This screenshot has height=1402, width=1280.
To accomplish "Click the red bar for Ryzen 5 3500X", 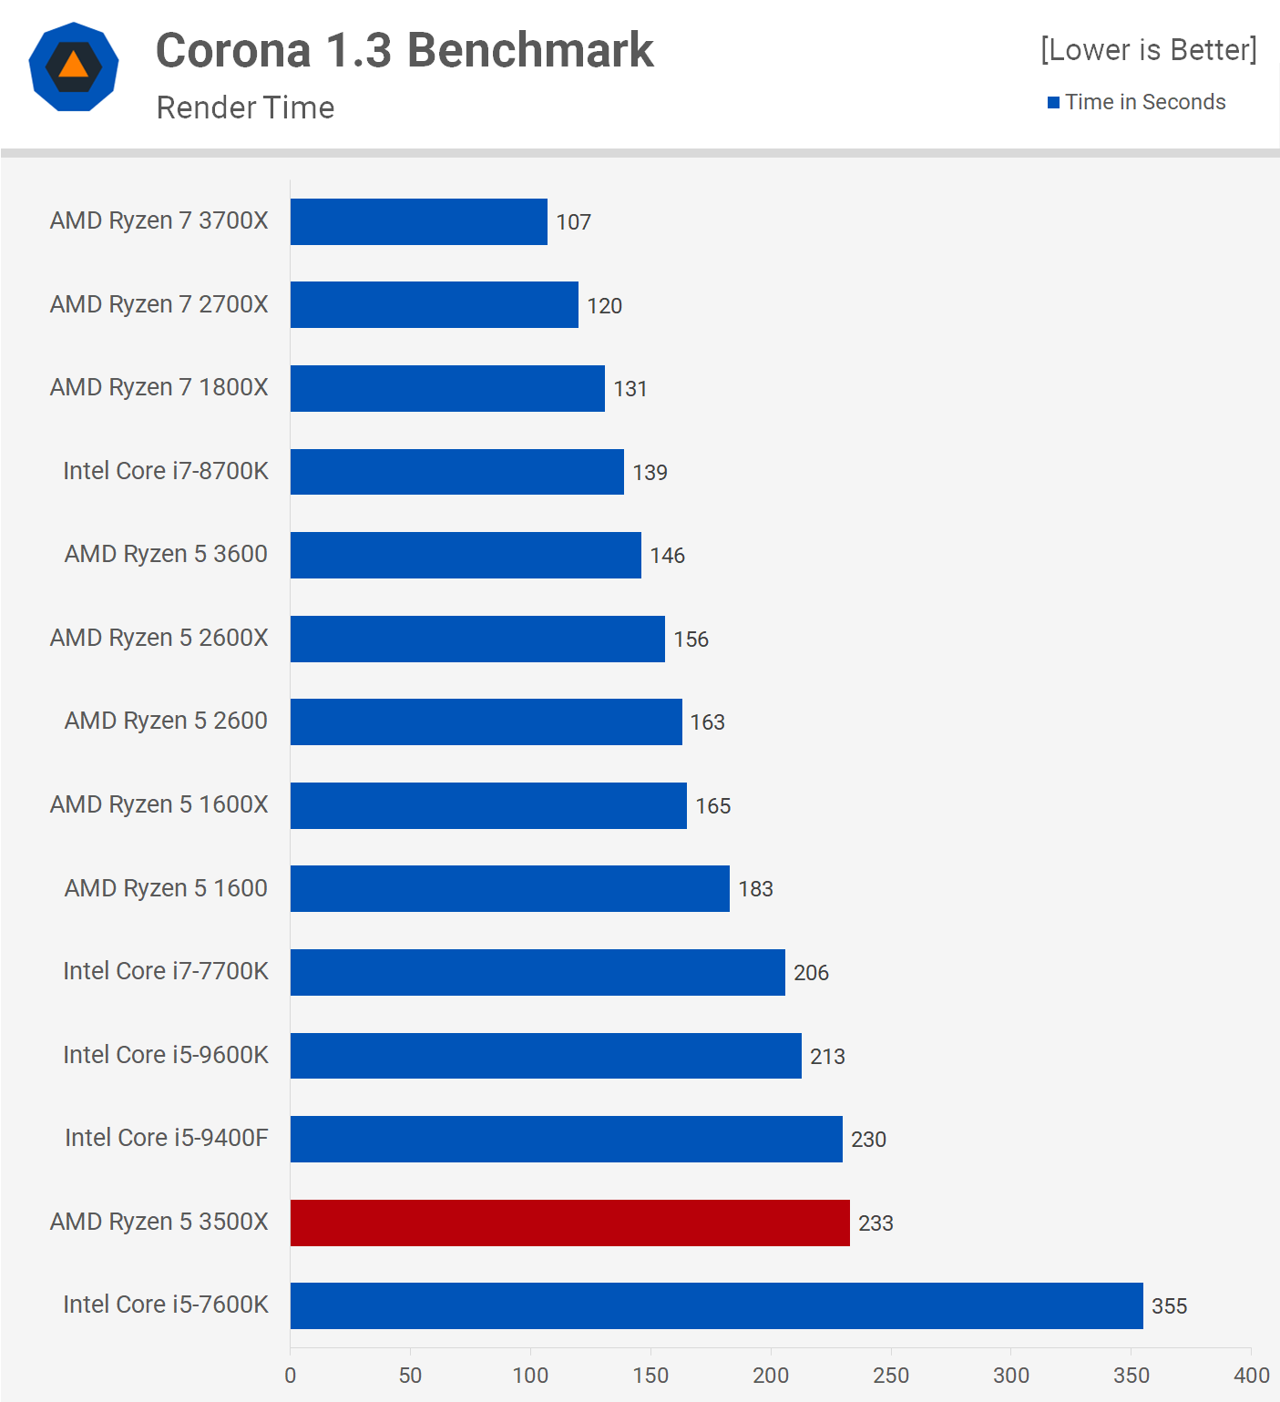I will [x=569, y=1223].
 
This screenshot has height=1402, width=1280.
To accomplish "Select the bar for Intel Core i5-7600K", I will [x=716, y=1305].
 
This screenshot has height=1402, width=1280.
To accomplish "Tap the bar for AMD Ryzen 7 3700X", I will [x=418, y=221].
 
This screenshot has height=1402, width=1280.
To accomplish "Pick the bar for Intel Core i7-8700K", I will [x=456, y=472].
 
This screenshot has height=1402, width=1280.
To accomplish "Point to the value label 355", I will [x=1169, y=1306].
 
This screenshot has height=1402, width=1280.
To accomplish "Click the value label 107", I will [x=574, y=222].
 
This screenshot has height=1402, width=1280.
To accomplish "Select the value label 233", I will [x=876, y=1223].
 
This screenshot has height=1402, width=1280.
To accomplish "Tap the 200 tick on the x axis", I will [x=771, y=1376].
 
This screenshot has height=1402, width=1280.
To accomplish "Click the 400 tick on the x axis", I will [x=1251, y=1376].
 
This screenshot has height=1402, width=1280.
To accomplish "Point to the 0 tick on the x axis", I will [x=291, y=1376].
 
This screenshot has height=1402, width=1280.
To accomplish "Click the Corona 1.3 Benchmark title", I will [x=404, y=50].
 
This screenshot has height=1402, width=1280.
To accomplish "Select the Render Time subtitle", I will [x=245, y=107].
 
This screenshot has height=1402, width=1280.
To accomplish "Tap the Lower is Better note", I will [x=1148, y=49].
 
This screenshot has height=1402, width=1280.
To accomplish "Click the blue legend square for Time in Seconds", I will [x=1053, y=102].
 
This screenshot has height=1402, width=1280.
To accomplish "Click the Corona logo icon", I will [x=74, y=67].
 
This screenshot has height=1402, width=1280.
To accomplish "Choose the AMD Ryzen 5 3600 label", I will [x=166, y=554].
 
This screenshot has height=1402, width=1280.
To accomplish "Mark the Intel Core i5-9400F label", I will [x=167, y=1138].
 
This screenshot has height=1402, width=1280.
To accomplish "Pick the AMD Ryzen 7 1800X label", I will [x=159, y=387].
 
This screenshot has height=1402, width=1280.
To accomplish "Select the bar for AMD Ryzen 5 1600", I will [x=509, y=888].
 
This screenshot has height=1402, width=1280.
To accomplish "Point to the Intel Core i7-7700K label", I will [x=166, y=971].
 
